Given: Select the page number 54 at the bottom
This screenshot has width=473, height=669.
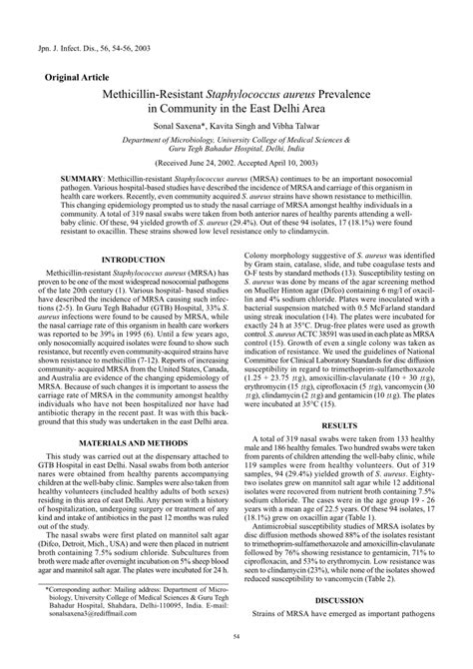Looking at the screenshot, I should pyautogui.click(x=236, y=659).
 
